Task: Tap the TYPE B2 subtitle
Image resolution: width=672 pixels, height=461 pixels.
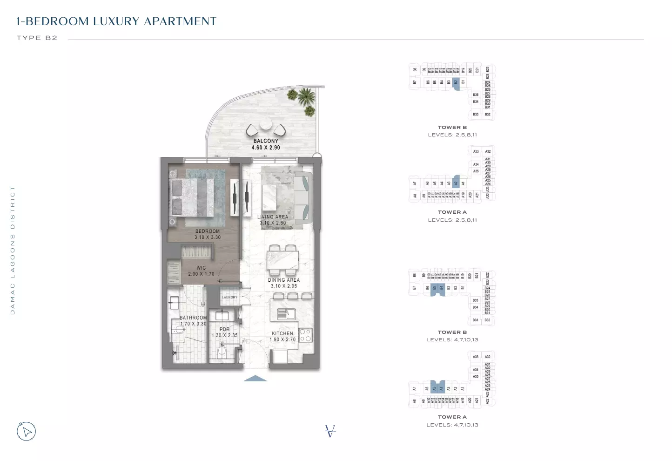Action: (x=37, y=38)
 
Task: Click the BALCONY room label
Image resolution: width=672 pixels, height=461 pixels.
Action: (x=266, y=141)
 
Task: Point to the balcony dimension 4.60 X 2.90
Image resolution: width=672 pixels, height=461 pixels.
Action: (x=266, y=148)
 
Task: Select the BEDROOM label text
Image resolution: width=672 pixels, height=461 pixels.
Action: (x=208, y=231)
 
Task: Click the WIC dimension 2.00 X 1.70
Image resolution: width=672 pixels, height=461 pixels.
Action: (x=201, y=274)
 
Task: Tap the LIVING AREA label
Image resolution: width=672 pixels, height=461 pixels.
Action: (x=273, y=217)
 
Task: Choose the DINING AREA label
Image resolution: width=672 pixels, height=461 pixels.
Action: (x=284, y=280)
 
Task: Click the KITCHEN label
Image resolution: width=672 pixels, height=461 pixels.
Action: (x=282, y=333)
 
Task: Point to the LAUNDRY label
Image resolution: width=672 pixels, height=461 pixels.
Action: (x=230, y=298)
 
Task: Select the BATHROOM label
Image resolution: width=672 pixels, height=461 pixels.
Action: (x=193, y=318)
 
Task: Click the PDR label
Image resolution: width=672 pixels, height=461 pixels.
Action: (x=224, y=329)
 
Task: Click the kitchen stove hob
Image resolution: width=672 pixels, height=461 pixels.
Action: (x=305, y=334)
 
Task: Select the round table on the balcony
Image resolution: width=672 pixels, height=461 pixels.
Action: (x=266, y=125)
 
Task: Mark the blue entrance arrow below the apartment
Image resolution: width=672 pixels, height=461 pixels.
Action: (x=255, y=378)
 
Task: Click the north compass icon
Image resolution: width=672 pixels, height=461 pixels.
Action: (x=27, y=431)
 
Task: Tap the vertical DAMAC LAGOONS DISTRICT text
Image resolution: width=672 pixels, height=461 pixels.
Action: (x=13, y=250)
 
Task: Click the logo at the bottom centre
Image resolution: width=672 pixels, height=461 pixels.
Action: (x=330, y=431)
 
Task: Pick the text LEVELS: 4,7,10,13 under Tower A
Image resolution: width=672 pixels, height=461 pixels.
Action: (x=452, y=425)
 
